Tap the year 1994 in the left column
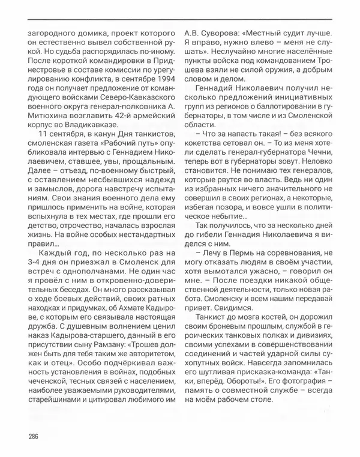tap(161, 95)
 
